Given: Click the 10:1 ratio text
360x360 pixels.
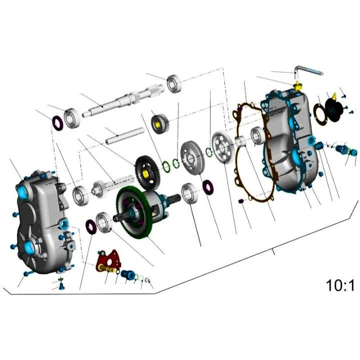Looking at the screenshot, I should pos(340,286).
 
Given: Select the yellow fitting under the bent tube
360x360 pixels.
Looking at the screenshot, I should pos(299,86).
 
